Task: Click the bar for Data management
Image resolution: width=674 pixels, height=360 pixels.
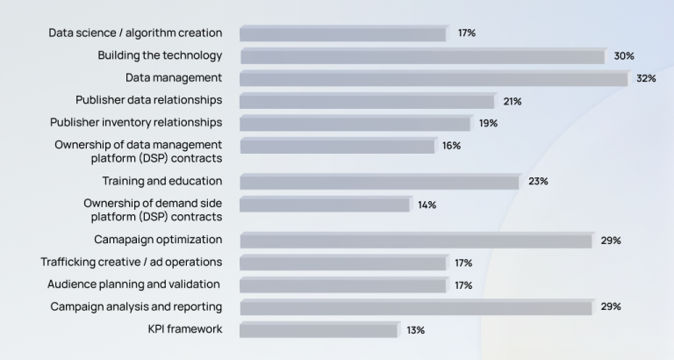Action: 434,78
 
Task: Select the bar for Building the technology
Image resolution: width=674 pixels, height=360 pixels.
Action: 423,56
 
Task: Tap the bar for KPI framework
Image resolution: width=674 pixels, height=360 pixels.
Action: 319,330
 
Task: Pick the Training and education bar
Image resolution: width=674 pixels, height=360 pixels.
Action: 380,182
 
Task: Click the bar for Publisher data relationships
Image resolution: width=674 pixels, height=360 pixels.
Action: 367,101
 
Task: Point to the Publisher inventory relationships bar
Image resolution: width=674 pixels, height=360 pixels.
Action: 355,123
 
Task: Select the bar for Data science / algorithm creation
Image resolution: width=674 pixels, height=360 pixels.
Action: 343,33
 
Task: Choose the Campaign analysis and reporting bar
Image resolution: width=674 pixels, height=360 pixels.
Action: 416,307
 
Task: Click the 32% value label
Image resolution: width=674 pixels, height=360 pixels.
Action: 647,79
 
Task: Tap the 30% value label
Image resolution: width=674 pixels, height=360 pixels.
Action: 624,56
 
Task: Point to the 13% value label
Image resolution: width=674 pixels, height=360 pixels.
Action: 416,330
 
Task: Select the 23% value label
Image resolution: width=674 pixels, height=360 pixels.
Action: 538,182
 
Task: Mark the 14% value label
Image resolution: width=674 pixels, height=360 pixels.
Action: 427,205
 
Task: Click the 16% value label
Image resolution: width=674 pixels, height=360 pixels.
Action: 451,146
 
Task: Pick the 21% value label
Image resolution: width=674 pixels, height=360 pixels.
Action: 513,102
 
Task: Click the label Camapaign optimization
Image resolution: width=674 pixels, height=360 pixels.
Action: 158,240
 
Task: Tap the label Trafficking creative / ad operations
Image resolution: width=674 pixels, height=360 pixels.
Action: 132,262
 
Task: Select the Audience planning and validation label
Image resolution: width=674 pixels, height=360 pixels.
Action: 133,284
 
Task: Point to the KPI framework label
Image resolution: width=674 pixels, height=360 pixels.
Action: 185,329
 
